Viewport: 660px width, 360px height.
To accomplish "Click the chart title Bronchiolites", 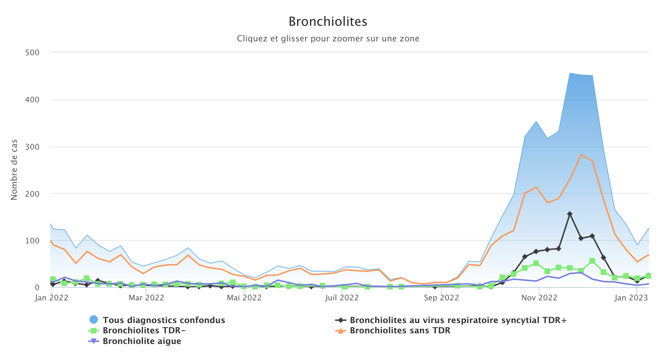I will tap(328, 21).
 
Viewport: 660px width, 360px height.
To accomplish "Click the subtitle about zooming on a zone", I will tap(328, 39).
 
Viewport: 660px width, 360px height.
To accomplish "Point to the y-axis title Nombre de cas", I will tap(14, 170).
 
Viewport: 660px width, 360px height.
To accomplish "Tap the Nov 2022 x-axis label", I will tap(539, 297).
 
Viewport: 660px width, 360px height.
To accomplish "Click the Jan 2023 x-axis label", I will tap(636, 297).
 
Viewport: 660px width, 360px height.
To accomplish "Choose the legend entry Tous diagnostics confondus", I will tap(164, 320).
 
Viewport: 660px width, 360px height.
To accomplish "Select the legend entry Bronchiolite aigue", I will tap(142, 341).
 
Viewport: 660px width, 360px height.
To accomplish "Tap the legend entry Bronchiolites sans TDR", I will tap(400, 331).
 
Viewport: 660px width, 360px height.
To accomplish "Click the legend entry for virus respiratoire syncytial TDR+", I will tap(458, 320).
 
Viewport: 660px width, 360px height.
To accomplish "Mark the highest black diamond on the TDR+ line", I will tap(570, 214).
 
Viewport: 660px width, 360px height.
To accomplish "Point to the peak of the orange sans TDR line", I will tap(581, 155).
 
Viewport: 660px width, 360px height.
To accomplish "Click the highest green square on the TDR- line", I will tap(592, 261).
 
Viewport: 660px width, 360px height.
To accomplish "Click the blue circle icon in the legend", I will tap(93, 320).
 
